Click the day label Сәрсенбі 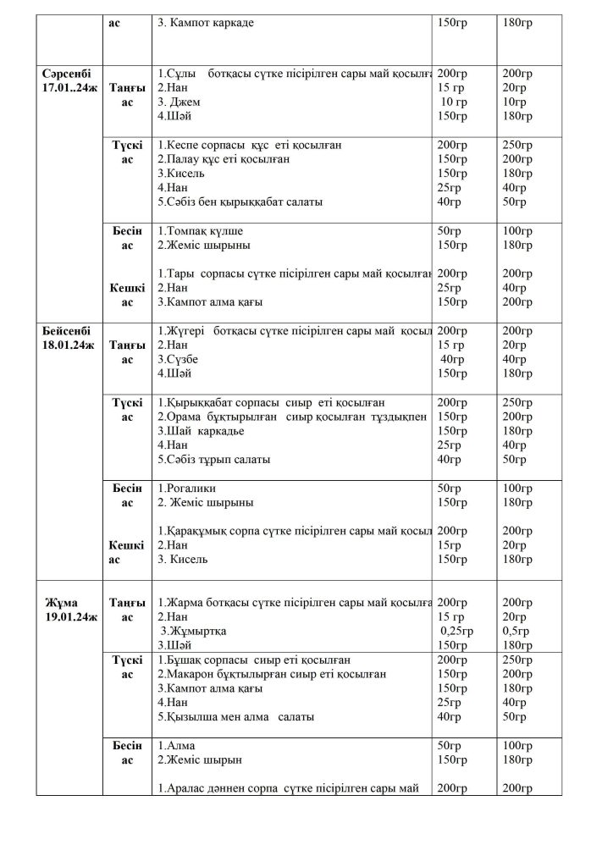[x=66, y=74]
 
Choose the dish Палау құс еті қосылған [x=223, y=159]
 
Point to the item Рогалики [x=186, y=488]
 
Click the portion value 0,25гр [x=456, y=631]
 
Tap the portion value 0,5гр [x=516, y=631]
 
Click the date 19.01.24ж [x=72, y=616]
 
